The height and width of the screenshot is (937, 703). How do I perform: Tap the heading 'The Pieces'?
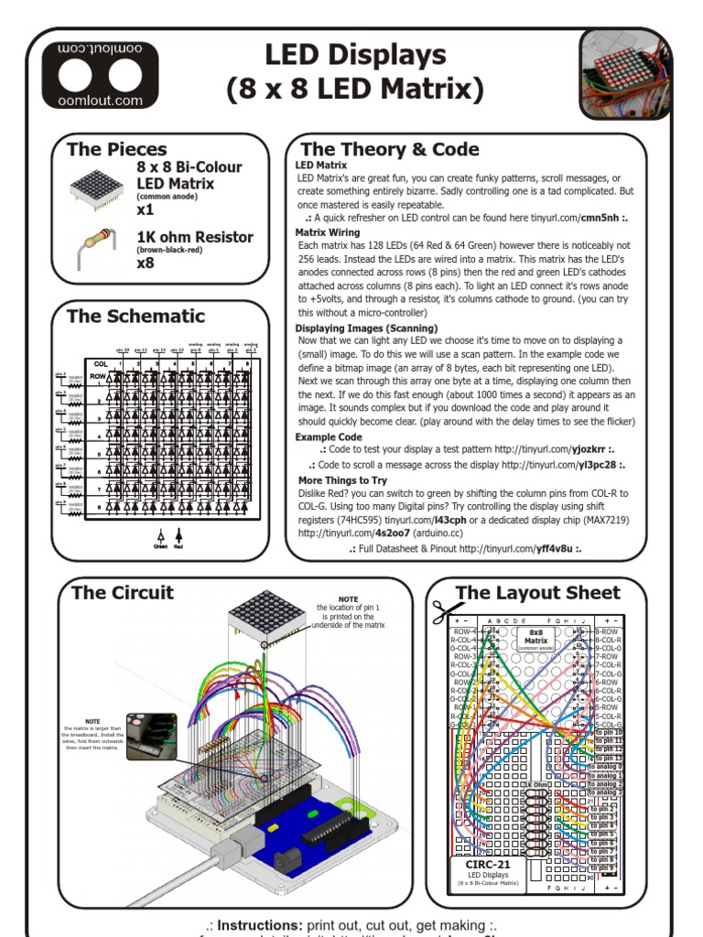tap(117, 149)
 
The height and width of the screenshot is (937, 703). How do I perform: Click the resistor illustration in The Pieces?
tap(96, 246)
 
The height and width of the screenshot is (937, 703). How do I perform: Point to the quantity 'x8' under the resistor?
tap(146, 264)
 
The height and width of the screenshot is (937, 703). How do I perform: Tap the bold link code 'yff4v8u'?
tap(551, 548)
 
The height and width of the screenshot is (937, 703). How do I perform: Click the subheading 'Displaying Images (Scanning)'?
tap(366, 328)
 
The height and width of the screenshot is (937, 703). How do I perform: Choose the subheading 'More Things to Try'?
tap(342, 479)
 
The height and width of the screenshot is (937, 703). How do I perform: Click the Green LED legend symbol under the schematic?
tap(160, 537)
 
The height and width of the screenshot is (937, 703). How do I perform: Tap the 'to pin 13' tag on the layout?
tap(607, 759)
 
